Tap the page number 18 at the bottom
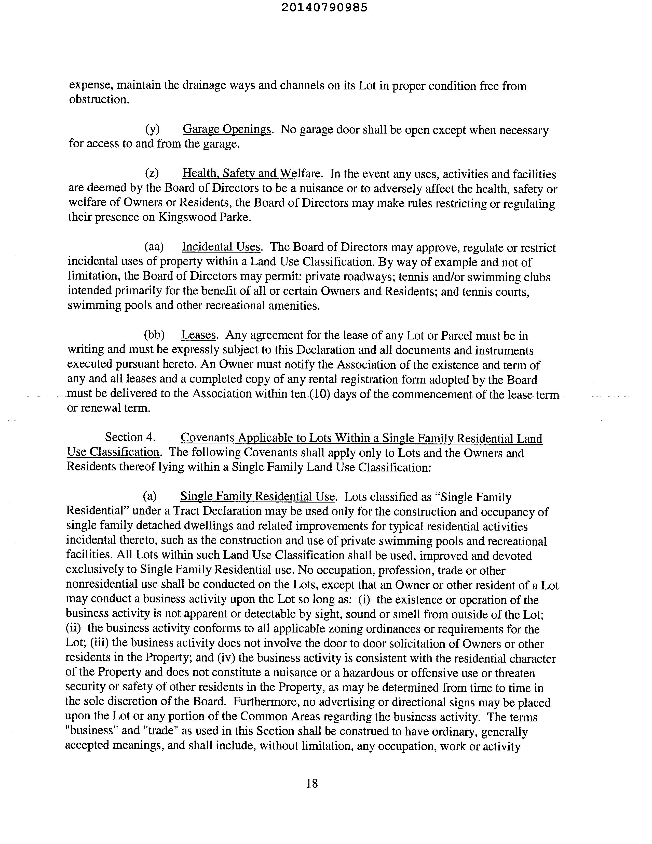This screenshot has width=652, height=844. click(x=312, y=784)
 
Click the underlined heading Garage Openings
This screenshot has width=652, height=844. click(x=227, y=129)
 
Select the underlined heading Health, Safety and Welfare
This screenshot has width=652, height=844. click(x=251, y=174)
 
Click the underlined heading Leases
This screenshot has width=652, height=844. click(x=199, y=335)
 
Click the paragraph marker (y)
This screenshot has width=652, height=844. click(x=152, y=129)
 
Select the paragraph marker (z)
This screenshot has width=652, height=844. click(x=152, y=174)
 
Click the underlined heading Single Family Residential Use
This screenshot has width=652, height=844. click(x=257, y=496)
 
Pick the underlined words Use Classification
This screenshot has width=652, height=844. click(x=113, y=452)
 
